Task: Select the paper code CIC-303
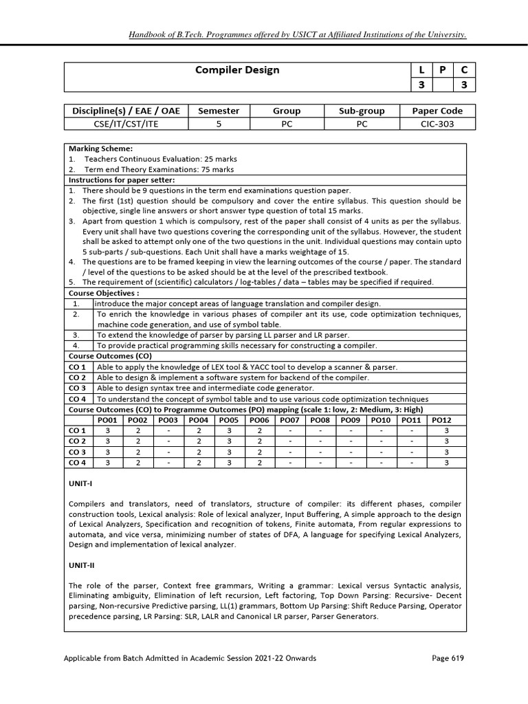point(437,124)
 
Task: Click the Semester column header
point(219,111)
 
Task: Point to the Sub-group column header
point(362,111)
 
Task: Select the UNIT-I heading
point(80,484)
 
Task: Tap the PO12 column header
point(441,419)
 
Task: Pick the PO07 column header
point(290,419)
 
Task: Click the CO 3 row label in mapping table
point(78,452)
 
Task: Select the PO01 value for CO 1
point(107,430)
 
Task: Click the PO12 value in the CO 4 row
point(446,463)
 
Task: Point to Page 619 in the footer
point(448,658)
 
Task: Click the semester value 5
point(219,124)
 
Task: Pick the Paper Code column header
point(437,111)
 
